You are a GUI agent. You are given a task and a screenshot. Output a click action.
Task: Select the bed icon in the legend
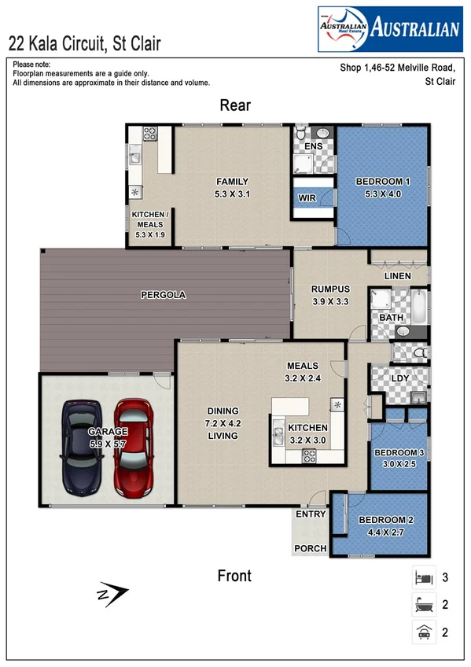[x=424, y=578]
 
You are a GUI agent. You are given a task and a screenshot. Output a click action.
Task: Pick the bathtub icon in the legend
[x=424, y=604]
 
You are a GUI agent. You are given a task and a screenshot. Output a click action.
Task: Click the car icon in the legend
[x=424, y=631]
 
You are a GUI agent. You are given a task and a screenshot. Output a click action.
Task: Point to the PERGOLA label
[x=163, y=295]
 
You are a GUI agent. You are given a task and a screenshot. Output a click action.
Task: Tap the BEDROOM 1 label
[x=383, y=182]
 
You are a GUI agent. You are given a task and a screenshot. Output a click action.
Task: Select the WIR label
[x=307, y=199]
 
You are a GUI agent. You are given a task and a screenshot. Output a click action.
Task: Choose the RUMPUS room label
[x=329, y=289]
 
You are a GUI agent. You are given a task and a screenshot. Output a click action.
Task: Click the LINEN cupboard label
[x=397, y=276]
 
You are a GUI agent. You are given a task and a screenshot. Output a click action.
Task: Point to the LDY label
[x=399, y=378]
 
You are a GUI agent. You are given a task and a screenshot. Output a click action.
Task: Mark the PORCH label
[x=310, y=548]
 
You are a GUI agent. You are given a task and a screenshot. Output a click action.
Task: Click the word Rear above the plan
[x=235, y=105]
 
